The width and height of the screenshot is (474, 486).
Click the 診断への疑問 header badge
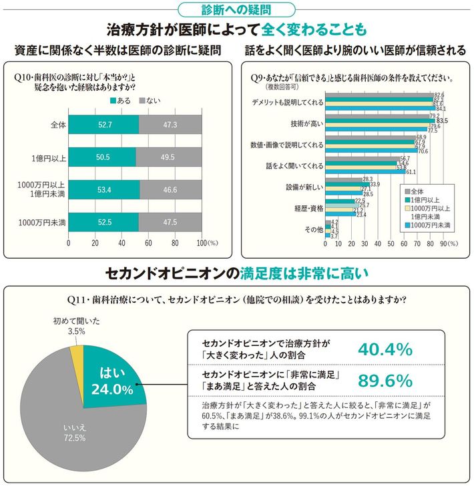coord(237,9)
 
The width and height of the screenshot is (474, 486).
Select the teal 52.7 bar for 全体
coord(103,125)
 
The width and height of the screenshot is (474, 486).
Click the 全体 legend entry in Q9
coord(419,191)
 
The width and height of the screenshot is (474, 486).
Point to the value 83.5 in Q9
coord(442,121)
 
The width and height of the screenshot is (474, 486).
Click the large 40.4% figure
coord(385,349)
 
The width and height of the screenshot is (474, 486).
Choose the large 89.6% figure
coord(385,381)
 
